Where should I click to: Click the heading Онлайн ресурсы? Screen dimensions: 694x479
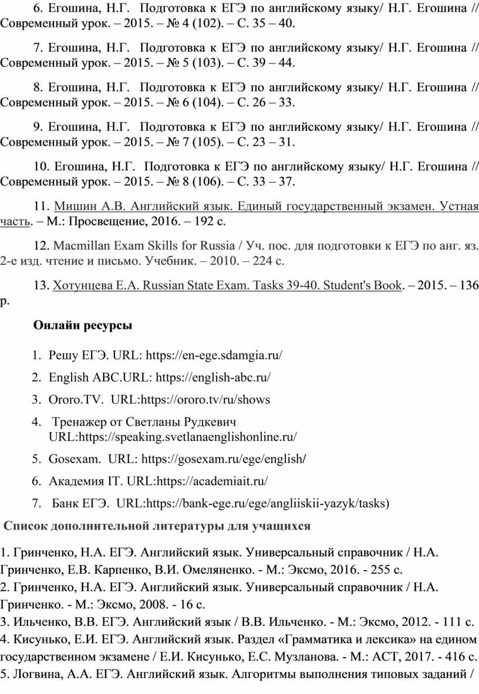(x=83, y=325)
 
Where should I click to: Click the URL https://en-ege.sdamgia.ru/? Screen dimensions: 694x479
(x=214, y=355)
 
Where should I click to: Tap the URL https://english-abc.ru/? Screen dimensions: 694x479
(x=214, y=377)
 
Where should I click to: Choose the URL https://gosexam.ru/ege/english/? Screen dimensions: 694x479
(x=225, y=458)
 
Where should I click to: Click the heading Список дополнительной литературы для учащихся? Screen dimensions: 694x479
(x=157, y=526)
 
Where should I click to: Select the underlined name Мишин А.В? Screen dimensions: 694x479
(x=89, y=207)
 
